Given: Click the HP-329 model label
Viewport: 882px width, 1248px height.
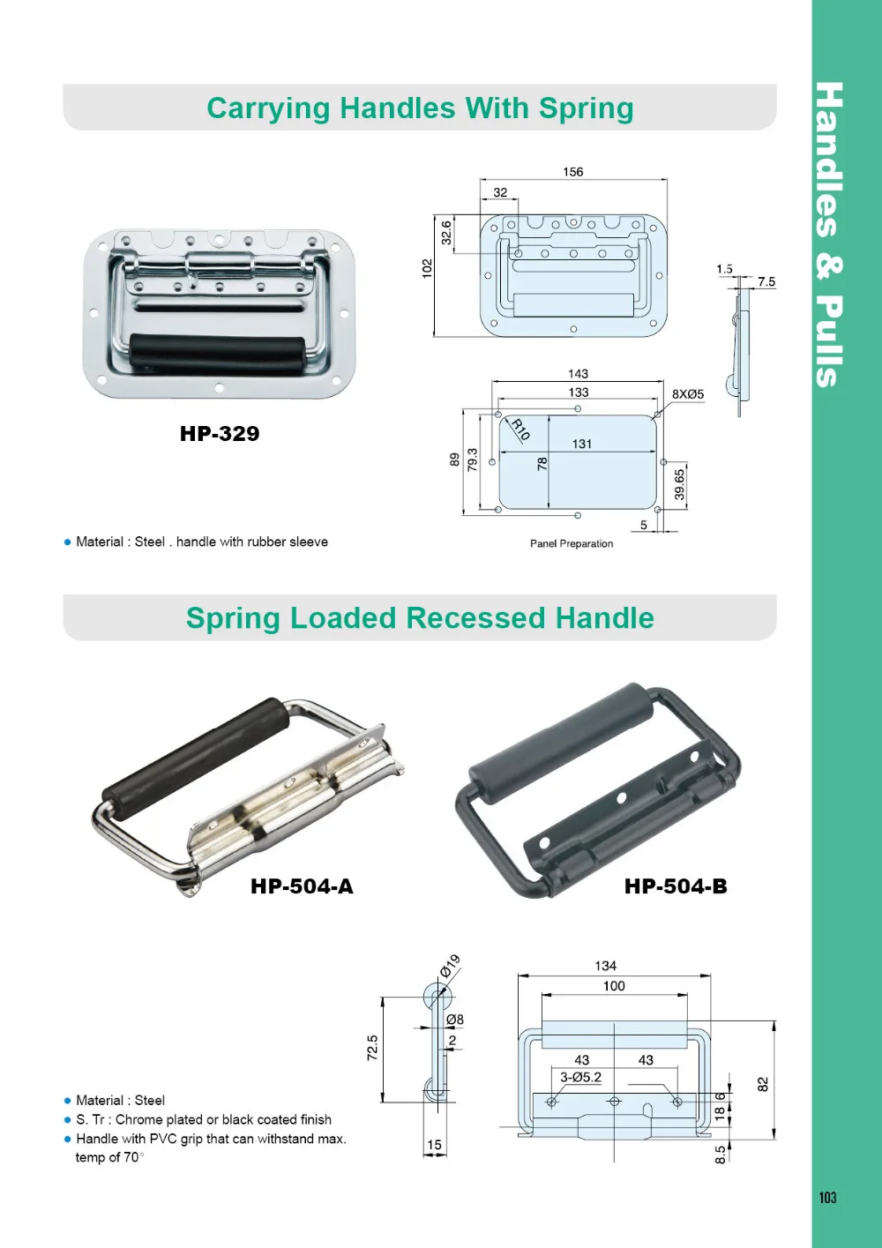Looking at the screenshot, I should [x=220, y=434].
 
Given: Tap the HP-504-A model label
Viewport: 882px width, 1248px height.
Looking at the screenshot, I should [x=302, y=886].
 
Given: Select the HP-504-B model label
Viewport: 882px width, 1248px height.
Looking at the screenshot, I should [x=676, y=886].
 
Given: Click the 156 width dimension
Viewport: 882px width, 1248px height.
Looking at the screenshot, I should [x=573, y=172].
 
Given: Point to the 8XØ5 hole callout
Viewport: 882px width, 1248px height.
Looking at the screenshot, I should [x=688, y=394].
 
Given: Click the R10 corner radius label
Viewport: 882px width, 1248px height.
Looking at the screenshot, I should [x=520, y=430].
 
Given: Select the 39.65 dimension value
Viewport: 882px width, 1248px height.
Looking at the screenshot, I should [x=679, y=484].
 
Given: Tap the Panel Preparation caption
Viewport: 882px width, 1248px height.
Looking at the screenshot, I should [x=572, y=543].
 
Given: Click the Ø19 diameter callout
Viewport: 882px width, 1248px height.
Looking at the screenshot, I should [x=450, y=966].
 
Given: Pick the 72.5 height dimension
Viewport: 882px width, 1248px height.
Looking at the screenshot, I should [x=372, y=1048].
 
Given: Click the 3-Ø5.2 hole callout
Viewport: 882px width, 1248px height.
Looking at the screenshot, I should [x=581, y=1077].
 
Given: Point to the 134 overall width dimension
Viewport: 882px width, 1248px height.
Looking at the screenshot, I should [x=606, y=966].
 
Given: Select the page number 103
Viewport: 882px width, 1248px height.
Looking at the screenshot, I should [x=827, y=1197].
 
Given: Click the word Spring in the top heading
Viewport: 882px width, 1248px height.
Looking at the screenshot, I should [x=586, y=108].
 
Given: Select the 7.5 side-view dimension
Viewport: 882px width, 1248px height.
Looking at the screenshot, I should [x=766, y=282].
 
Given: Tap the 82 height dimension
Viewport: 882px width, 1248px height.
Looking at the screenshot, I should [x=763, y=1084].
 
